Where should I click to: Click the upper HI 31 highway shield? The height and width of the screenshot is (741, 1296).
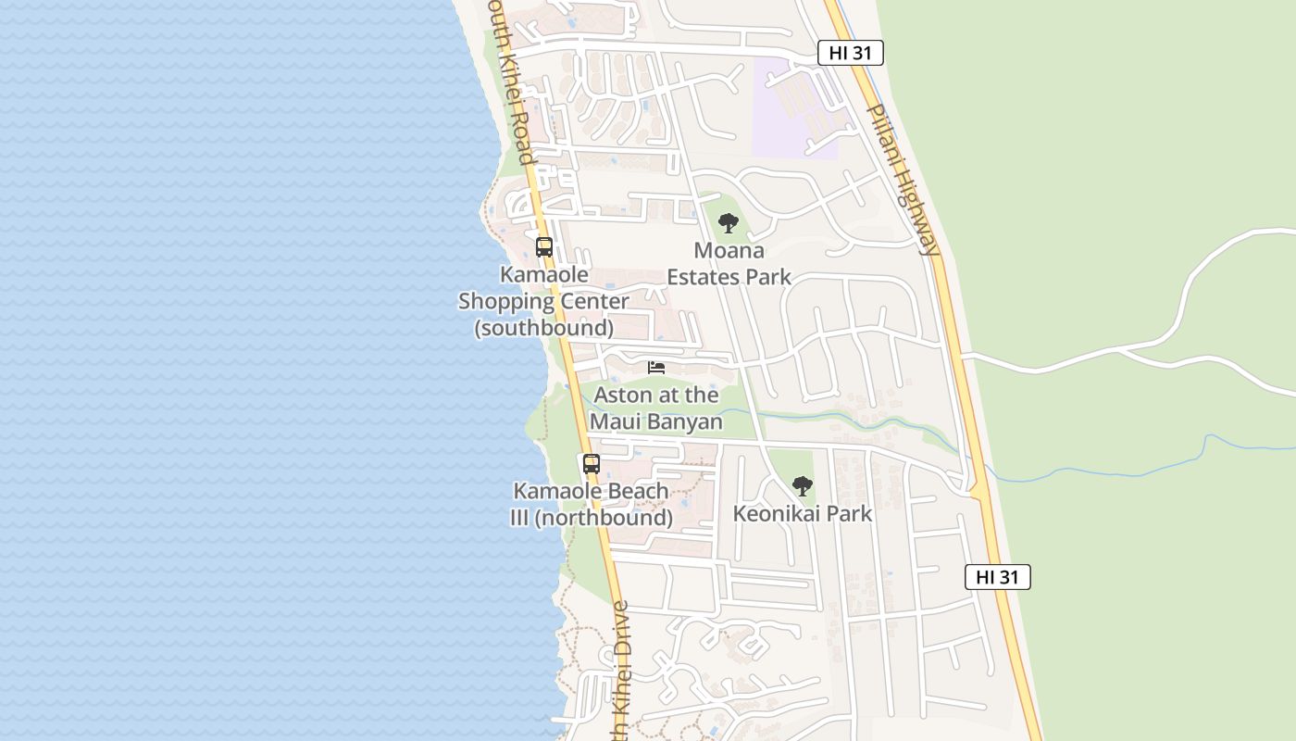[x=850, y=53]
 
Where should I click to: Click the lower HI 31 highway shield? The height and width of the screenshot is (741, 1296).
[x=997, y=577]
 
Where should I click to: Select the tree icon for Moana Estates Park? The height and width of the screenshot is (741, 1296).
[x=729, y=222]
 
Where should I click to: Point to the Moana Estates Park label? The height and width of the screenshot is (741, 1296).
[x=729, y=264]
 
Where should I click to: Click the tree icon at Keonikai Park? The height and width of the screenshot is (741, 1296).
[x=803, y=485]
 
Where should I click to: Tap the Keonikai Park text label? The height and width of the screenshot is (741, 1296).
[x=803, y=513]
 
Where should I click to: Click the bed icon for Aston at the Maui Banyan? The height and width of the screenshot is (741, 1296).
[x=656, y=368]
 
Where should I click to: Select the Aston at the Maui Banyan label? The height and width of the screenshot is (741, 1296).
[x=656, y=408]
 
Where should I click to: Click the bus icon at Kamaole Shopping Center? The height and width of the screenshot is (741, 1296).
[x=544, y=247]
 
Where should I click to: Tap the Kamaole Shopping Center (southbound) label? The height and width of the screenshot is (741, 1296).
[x=544, y=301]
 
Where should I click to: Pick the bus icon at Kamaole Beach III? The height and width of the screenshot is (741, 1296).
[x=591, y=464]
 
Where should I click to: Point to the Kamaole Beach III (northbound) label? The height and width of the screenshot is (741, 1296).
[x=592, y=504]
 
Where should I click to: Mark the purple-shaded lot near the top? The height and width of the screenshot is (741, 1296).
[x=796, y=107]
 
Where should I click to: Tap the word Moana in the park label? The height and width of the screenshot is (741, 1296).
[x=729, y=251]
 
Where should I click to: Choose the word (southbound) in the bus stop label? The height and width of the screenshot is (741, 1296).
[x=544, y=328]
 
